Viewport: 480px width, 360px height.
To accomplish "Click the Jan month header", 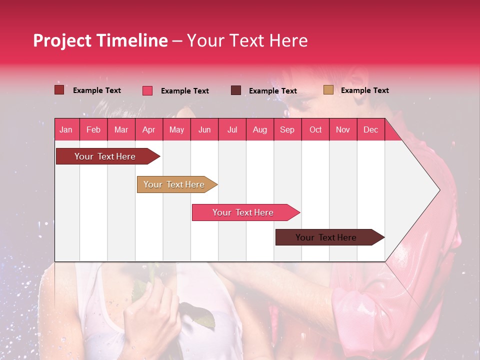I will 66,130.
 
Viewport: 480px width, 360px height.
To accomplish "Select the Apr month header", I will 149,130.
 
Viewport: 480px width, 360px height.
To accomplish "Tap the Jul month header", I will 232,130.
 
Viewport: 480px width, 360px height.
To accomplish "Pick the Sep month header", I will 287,130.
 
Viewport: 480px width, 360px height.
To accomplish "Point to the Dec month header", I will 370,130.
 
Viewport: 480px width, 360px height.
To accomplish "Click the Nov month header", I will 342,130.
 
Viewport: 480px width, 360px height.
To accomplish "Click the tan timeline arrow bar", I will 175,184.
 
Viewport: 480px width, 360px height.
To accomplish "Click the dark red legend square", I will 59,90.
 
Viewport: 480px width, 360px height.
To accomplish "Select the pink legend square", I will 147,90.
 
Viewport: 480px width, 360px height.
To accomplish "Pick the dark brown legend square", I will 235,90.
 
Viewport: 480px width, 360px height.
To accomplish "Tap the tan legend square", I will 328,90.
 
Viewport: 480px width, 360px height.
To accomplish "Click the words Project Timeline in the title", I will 100,40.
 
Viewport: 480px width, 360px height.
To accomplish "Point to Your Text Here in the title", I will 247,40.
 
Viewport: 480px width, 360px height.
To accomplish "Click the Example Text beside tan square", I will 364,90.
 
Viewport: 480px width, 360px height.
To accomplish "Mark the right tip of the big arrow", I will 439,190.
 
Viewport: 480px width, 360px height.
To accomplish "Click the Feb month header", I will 93,130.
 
